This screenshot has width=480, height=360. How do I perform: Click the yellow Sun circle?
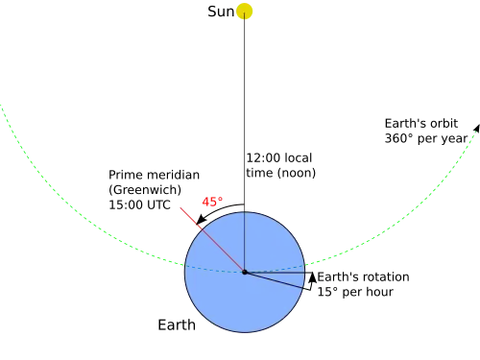[244, 12]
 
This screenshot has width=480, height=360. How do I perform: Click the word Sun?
[221, 12]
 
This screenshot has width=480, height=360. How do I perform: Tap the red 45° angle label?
[212, 202]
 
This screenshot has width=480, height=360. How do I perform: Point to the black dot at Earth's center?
[245, 273]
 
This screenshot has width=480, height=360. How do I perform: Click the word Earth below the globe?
[177, 325]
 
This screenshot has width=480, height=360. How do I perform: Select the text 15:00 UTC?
[139, 205]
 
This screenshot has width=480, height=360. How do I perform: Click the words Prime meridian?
[154, 175]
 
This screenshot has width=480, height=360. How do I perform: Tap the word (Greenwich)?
[145, 190]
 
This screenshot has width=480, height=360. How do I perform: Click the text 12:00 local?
[279, 158]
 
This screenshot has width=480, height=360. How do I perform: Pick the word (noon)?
[297, 173]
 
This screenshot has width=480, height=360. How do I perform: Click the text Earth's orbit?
[421, 124]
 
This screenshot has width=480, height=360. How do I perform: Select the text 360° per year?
[426, 139]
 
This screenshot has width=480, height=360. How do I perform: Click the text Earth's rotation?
[363, 277]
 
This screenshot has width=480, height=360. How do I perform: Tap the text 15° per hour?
[355, 292]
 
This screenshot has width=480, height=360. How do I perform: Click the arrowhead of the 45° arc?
[201, 220]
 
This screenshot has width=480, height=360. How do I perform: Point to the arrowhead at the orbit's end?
[477, 129]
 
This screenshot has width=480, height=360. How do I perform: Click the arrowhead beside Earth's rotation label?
[313, 277]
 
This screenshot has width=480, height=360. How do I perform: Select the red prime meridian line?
[212, 240]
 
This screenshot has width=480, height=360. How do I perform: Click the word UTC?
[157, 205]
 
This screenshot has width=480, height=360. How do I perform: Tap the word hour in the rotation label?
[380, 292]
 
